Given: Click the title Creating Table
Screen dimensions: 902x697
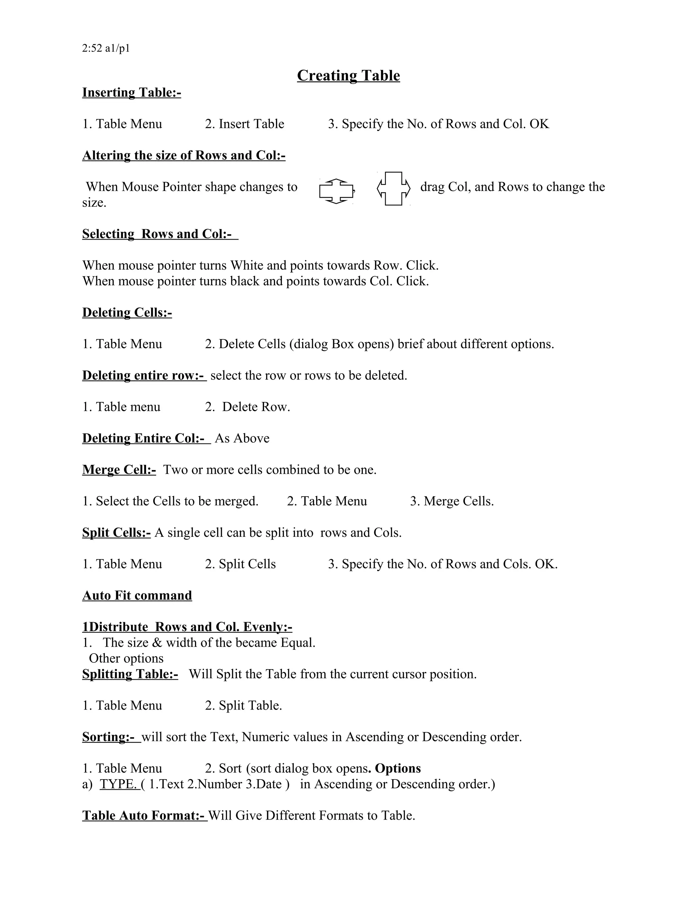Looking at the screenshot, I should pos(348,76).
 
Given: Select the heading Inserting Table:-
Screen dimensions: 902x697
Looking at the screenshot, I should pos(131,93).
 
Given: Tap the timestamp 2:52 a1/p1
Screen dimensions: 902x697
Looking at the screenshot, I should pos(106,49).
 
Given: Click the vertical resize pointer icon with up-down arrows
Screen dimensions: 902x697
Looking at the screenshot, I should pos(336,191).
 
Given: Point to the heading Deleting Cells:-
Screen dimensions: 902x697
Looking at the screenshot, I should pos(127,313).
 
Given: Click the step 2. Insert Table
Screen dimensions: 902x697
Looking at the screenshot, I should pos(244,124).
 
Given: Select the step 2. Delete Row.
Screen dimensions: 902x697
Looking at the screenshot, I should pos(247,407).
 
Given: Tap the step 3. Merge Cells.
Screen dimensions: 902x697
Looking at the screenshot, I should pos(452,501).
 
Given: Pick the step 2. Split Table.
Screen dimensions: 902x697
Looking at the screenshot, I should pos(243,705).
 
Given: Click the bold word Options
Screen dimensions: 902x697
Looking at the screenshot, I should pos(398,768).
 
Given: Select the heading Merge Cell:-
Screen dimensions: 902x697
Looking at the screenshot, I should pos(119,470).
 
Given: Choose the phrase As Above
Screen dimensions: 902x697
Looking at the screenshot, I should pos(242,438).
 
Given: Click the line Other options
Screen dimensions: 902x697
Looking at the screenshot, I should pos(126,658).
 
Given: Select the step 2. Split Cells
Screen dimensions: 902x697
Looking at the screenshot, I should pos(240,564).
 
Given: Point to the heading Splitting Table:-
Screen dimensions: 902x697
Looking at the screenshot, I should pos(130,674).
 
